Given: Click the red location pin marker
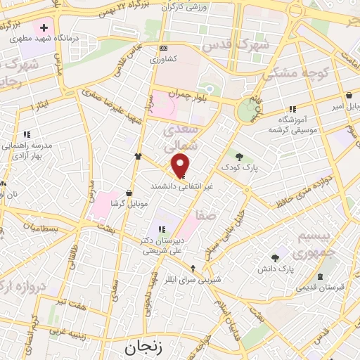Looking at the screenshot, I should [181, 165].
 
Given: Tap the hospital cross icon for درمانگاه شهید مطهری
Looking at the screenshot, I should [44, 28].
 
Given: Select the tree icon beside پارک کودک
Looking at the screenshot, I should [239, 157].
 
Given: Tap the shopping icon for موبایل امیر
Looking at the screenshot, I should [349, 96].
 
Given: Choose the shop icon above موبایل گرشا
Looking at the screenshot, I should [129, 193].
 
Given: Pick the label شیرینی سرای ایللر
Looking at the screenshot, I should [195, 278].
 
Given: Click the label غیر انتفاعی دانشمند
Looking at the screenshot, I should [182, 186].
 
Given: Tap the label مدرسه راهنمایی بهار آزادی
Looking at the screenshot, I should [27, 148].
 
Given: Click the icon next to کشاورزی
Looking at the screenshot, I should [164, 48].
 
